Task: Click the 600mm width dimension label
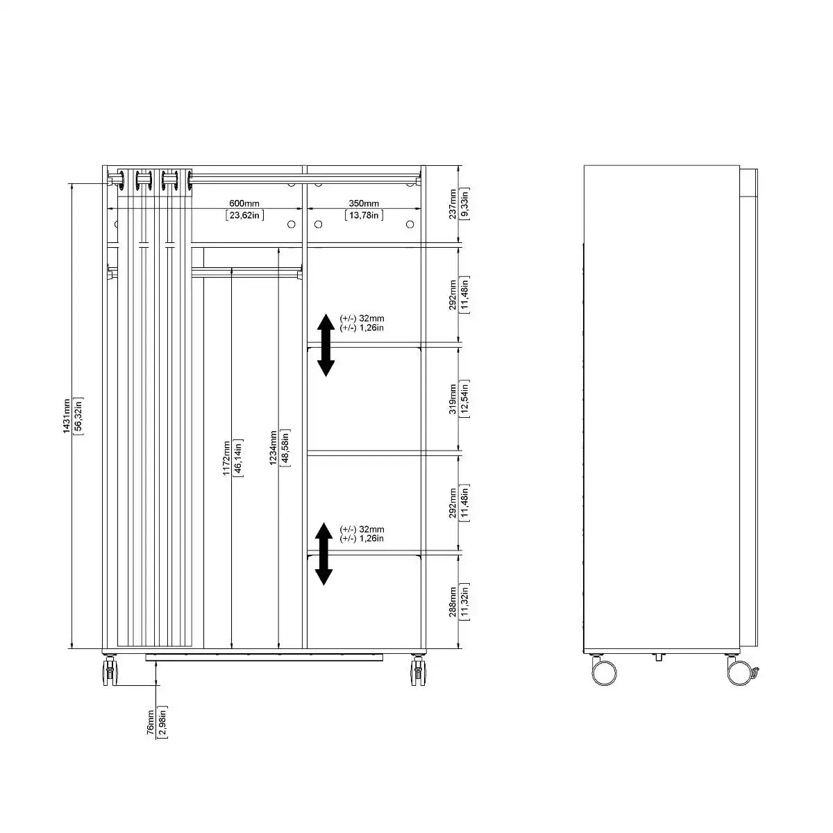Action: pos(245,203)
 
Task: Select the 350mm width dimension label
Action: pos(364,203)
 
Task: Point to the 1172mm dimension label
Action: pos(226,459)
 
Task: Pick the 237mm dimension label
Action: pos(453,203)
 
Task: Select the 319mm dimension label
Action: pos(453,399)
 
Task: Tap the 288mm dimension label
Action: pos(453,602)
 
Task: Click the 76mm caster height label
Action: pos(151,723)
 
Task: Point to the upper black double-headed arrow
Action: pos(326,345)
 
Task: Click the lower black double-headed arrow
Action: pos(323,554)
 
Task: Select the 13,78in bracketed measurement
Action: pos(364,215)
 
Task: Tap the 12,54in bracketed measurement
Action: pos(465,399)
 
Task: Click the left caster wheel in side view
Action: pos(604,671)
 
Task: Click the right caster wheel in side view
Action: pos(739,671)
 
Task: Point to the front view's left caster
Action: pos(110,671)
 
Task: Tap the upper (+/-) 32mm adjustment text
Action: pos(362,319)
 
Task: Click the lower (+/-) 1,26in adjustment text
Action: pos(362,539)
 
